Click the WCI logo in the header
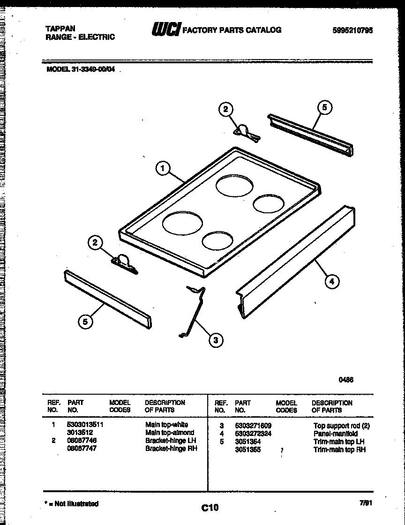pyautogui.click(x=165, y=30)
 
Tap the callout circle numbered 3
pyautogui.click(x=215, y=340)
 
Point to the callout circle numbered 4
pyautogui.click(x=332, y=281)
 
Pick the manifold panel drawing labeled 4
pyautogui.click(x=295, y=262)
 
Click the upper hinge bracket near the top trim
pyautogui.click(x=245, y=132)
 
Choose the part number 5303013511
pyautogui.click(x=85, y=425)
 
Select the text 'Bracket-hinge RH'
pyautogui.click(x=171, y=449)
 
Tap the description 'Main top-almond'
pyautogui.click(x=170, y=433)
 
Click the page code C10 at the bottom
pyautogui.click(x=210, y=507)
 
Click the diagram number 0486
pyautogui.click(x=346, y=380)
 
